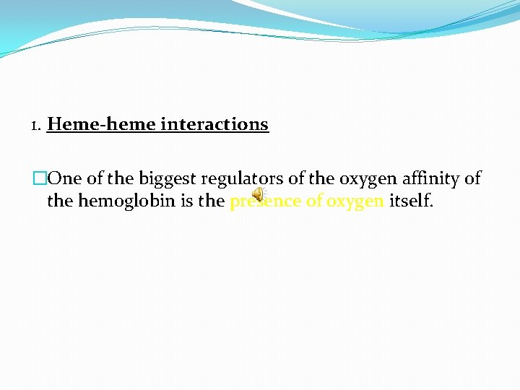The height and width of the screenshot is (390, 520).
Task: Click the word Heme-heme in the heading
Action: click(102, 124)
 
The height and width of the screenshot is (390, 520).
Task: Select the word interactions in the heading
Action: click(214, 124)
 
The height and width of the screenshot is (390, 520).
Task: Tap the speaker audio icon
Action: click(258, 196)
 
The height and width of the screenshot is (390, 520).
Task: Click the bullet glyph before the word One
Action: click(40, 178)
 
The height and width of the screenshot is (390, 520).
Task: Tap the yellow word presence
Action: click(264, 201)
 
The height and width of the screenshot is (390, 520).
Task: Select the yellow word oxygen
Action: click(355, 201)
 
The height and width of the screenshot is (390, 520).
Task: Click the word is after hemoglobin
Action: click(187, 201)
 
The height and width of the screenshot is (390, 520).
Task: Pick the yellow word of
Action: click(314, 201)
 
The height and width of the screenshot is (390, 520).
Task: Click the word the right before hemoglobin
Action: click(60, 201)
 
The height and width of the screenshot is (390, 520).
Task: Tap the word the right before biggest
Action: click(121, 178)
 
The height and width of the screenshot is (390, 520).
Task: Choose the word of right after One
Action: click(95, 178)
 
